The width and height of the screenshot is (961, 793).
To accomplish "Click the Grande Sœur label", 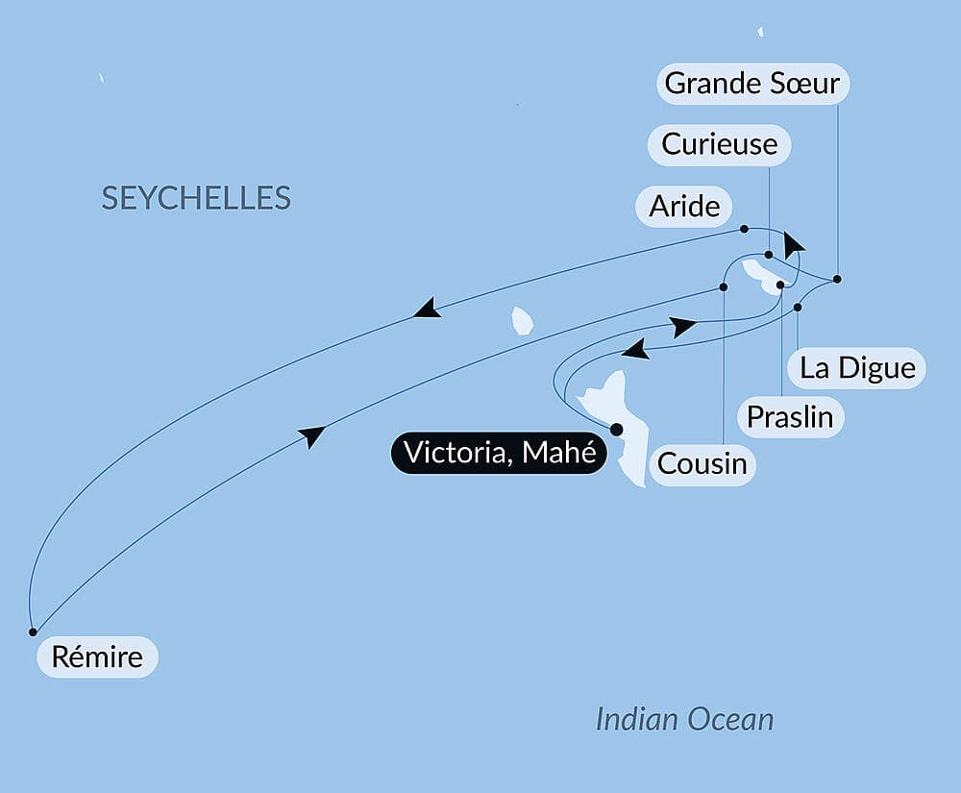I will pos(752,84).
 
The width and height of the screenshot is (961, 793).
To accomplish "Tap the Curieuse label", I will pos(720,144).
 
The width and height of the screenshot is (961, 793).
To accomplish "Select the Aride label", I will pos(685,206).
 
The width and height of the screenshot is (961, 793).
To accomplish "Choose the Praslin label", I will pos(791,417).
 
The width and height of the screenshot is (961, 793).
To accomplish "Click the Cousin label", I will pos(702,464).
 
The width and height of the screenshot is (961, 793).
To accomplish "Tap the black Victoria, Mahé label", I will pos(498,453).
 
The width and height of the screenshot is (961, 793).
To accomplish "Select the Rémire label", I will pos(96,657).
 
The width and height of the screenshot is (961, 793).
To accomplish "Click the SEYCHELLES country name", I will pos(196,198).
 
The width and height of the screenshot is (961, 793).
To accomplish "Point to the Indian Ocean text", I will pos(684,719).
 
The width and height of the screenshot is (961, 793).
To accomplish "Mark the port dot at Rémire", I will pos(33,632).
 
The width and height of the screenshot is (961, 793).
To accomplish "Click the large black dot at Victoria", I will pos(616,430).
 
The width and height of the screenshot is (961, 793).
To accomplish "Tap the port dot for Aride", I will pos(745,229).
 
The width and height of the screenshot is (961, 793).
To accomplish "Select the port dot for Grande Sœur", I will pos(837,279).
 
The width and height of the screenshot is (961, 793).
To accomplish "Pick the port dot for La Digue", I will pos(798,308).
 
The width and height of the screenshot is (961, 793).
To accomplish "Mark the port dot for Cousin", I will pos(724,286).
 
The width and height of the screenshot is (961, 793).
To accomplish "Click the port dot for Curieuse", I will pos(769,255).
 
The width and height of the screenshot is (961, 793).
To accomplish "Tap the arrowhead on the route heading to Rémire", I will pos(427,309).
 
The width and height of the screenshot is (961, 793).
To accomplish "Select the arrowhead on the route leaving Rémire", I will pos(311,436).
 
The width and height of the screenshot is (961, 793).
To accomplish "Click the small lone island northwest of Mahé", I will pos(522,320).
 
